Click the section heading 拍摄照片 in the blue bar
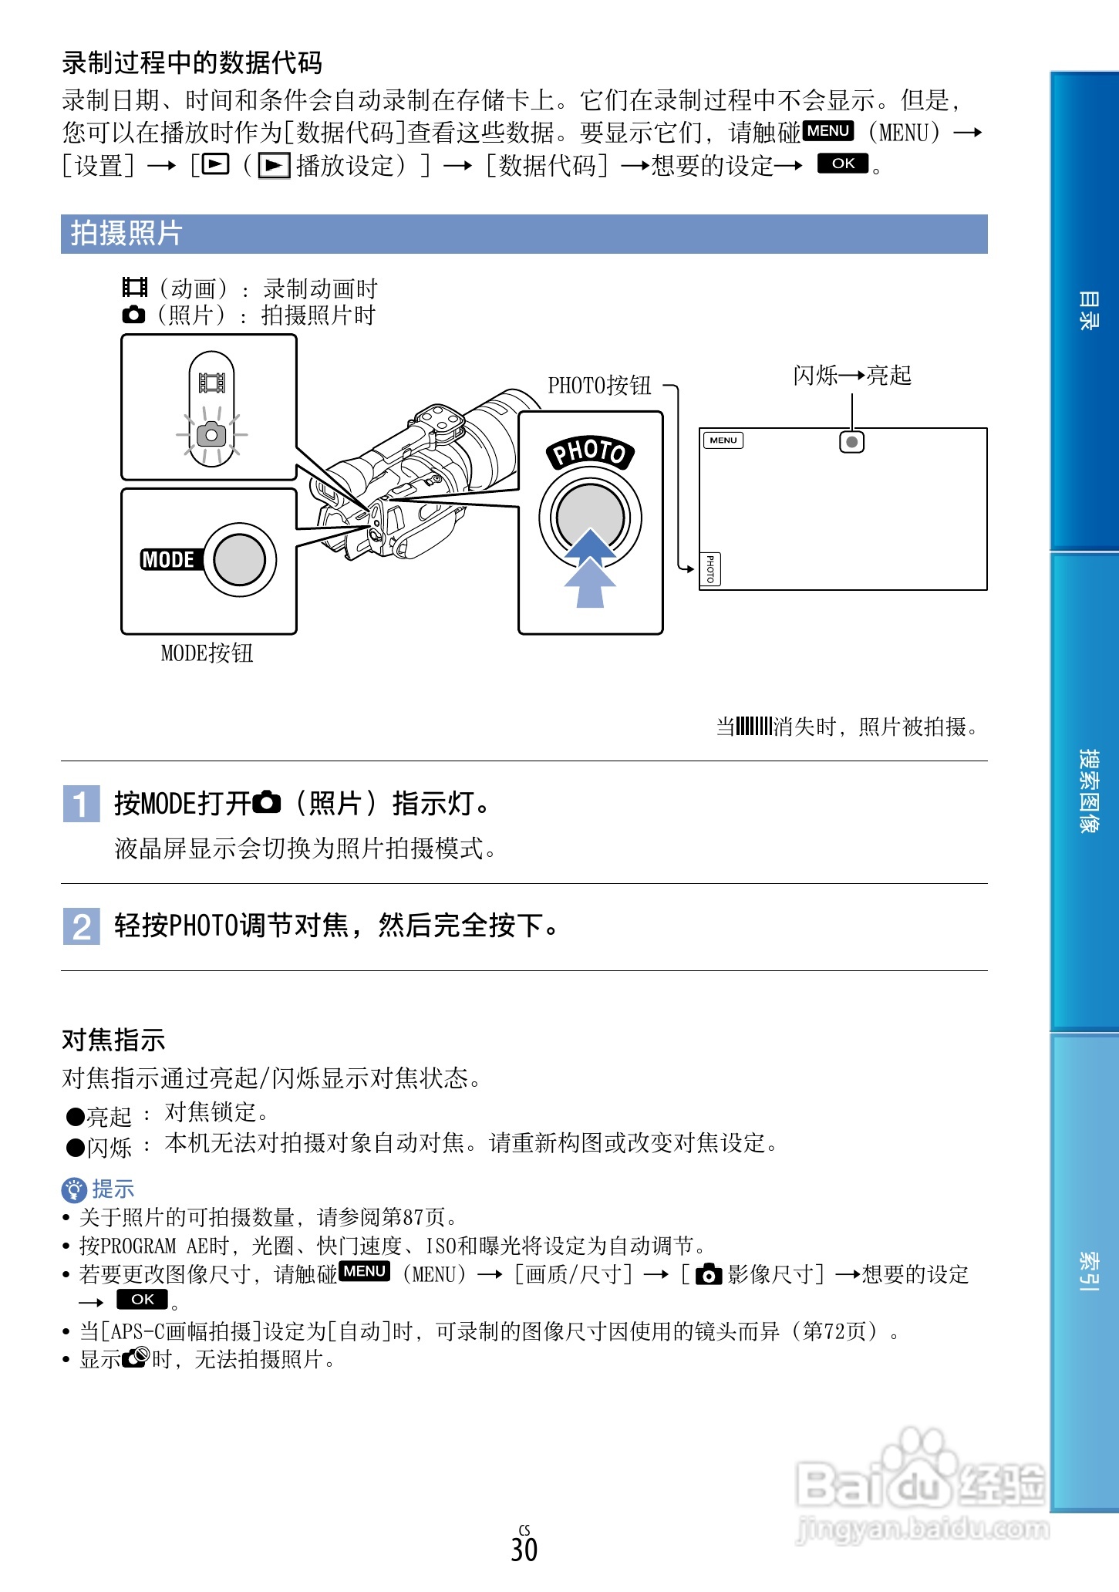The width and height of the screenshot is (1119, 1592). point(126,234)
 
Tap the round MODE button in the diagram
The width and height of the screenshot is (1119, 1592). point(240,560)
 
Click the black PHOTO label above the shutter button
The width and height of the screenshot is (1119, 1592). point(590,452)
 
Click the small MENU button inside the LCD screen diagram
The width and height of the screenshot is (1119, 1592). point(723,440)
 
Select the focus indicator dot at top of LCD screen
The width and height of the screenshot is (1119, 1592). point(851,442)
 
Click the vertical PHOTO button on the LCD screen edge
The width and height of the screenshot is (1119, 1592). point(710,569)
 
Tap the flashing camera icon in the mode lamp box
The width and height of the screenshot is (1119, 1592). point(211,435)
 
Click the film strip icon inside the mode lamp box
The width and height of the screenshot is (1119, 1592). point(211,383)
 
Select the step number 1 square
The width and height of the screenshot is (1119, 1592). point(81,804)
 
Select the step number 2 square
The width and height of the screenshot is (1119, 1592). point(81,926)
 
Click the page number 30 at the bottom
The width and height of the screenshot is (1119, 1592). point(524,1550)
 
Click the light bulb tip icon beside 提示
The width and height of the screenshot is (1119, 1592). point(74,1190)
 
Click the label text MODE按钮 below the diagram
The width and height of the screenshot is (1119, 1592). point(207,653)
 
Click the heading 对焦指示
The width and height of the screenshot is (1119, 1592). point(113,1040)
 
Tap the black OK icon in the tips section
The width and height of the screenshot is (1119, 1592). point(142,1300)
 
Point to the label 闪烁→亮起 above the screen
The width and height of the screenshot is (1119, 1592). point(852,376)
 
